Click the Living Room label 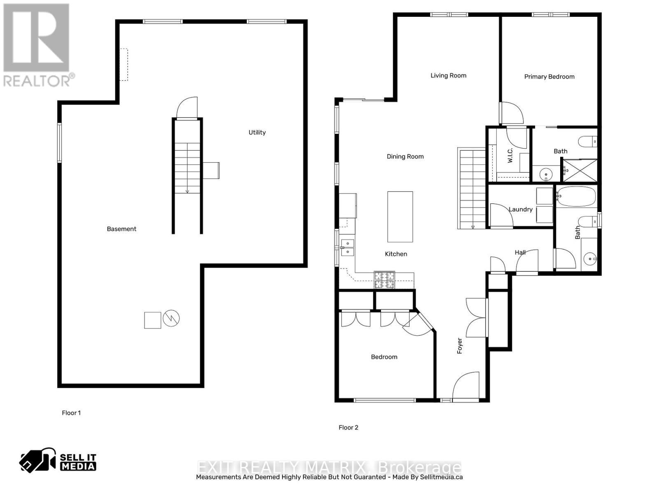[x=448, y=75]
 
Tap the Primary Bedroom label [x=549, y=77]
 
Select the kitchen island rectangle [x=400, y=217]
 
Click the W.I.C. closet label [x=510, y=155]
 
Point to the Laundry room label [x=521, y=209]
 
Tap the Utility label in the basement [x=257, y=132]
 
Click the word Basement [x=122, y=229]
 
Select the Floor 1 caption [x=71, y=413]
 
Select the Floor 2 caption [x=348, y=427]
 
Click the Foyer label [x=460, y=346]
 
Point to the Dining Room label [x=405, y=156]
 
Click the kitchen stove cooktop [x=384, y=280]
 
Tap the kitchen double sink [x=348, y=247]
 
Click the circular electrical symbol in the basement [x=171, y=318]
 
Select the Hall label [x=520, y=252]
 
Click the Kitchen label [x=396, y=254]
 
